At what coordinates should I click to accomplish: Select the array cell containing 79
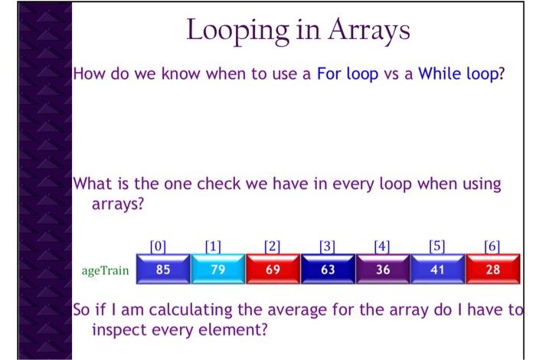pyautogui.click(x=218, y=270)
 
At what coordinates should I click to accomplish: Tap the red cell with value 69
pyautogui.click(x=273, y=270)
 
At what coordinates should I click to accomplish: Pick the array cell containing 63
pyautogui.click(x=328, y=270)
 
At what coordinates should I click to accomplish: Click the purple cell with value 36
pyautogui.click(x=383, y=270)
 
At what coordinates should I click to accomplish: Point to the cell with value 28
pyautogui.click(x=490, y=270)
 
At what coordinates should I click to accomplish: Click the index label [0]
pyautogui.click(x=158, y=247)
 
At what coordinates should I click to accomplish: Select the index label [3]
pyautogui.click(x=328, y=247)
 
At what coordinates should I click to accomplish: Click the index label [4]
pyautogui.click(x=382, y=247)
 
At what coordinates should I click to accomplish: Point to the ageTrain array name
pyautogui.click(x=104, y=270)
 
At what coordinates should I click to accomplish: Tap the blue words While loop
pyautogui.click(x=459, y=77)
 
